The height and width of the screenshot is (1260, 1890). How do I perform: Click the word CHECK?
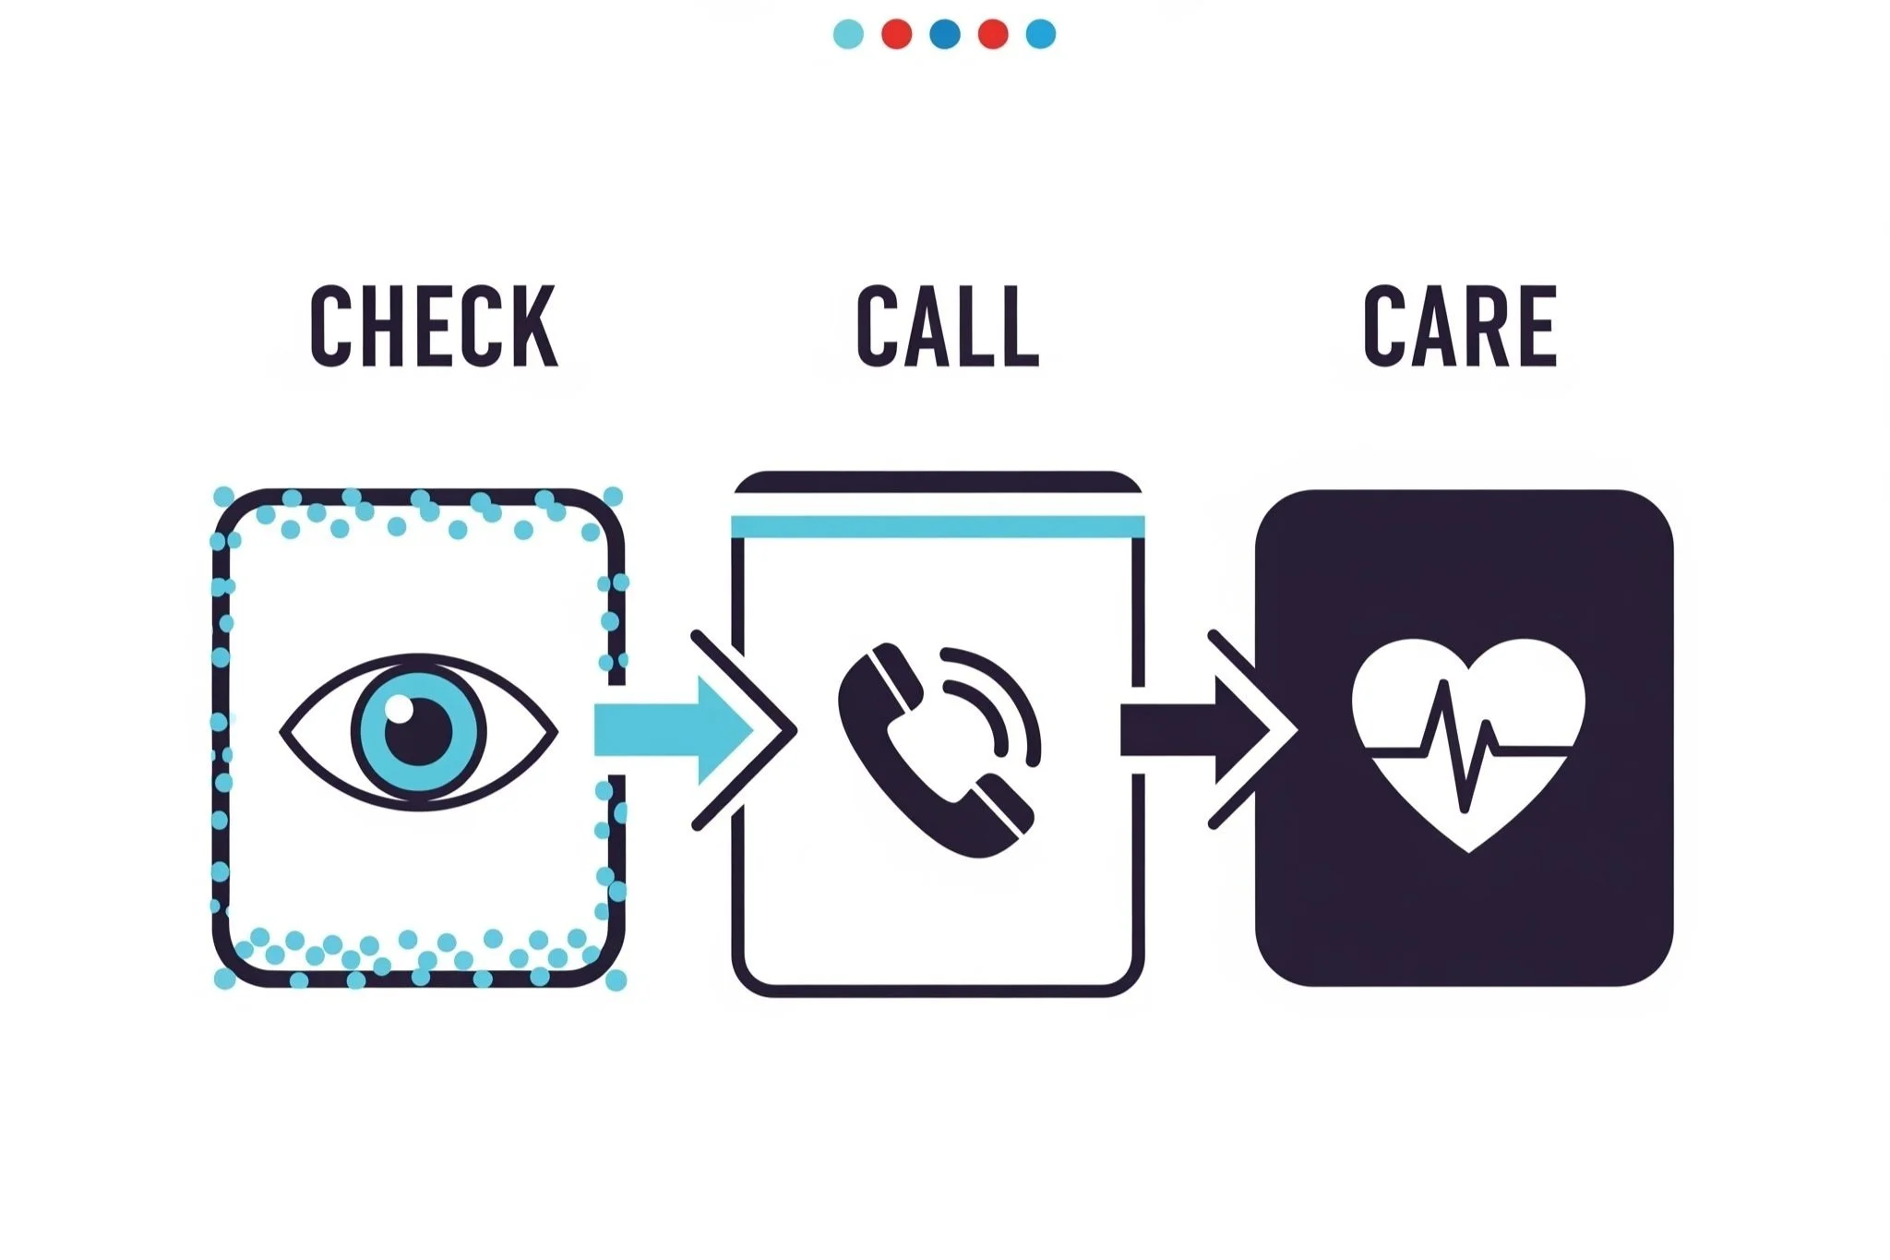click(434, 326)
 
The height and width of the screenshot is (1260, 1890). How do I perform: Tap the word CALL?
click(948, 326)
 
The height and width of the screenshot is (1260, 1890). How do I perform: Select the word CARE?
click(1461, 326)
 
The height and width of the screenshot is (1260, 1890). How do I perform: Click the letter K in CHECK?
click(532, 326)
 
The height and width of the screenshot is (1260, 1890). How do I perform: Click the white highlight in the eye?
click(400, 709)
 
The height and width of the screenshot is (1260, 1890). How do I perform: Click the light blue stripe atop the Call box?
click(938, 527)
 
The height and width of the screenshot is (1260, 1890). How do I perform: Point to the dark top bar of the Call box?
click(938, 482)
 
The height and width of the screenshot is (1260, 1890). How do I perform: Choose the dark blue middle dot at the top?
click(945, 34)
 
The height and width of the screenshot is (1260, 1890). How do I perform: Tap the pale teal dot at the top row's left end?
click(848, 34)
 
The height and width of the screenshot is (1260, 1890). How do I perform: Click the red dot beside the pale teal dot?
click(896, 34)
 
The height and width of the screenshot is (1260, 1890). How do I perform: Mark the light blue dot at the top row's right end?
click(1041, 34)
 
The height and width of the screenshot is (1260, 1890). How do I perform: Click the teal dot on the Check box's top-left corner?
click(223, 497)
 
